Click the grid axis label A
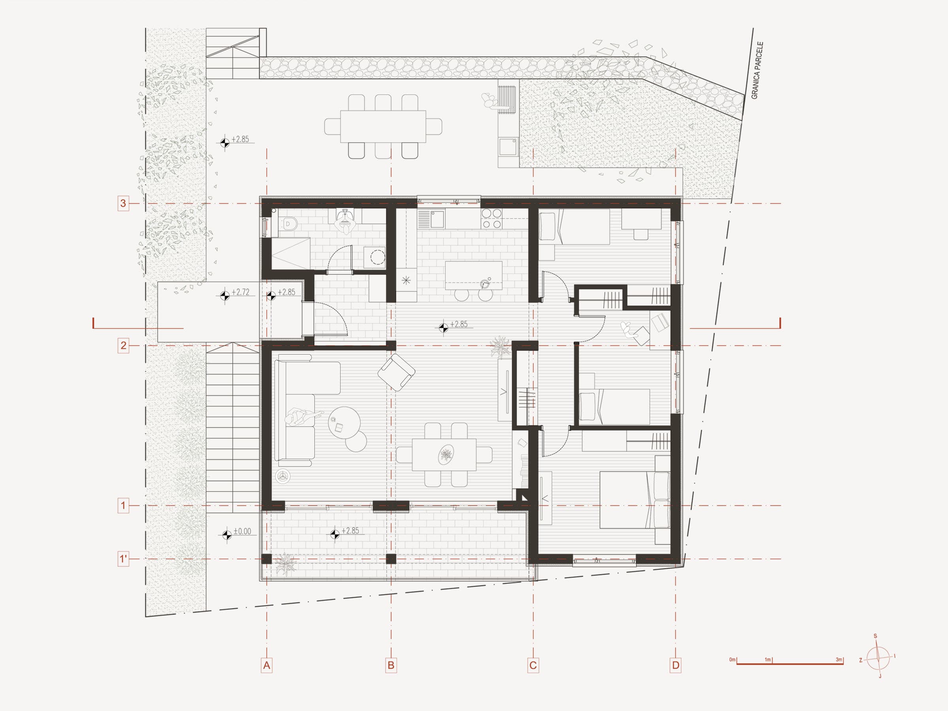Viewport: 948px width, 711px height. pyautogui.click(x=267, y=666)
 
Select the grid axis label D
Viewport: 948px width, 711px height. pyautogui.click(x=675, y=666)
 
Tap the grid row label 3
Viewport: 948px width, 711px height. pyautogui.click(x=123, y=203)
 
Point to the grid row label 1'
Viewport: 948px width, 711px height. pyautogui.click(x=123, y=559)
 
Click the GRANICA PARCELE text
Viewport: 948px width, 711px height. pyautogui.click(x=757, y=70)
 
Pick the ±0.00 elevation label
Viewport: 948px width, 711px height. pyautogui.click(x=242, y=531)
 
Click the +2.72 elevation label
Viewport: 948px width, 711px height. pyautogui.click(x=241, y=292)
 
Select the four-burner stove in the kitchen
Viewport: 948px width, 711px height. pyautogui.click(x=491, y=218)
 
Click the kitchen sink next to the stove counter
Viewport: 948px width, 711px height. pyautogui.click(x=437, y=220)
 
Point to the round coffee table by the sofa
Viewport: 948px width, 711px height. pyautogui.click(x=344, y=422)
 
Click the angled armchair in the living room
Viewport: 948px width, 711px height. pyautogui.click(x=396, y=372)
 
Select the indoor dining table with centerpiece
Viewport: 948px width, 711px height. pyautogui.click(x=444, y=455)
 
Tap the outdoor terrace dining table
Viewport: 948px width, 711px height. pyautogui.click(x=383, y=126)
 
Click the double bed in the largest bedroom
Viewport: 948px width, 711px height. pyautogui.click(x=635, y=500)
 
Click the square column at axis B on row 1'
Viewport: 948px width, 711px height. pyautogui.click(x=391, y=559)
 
